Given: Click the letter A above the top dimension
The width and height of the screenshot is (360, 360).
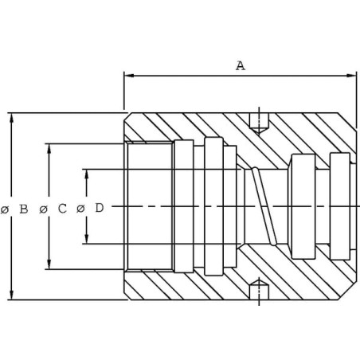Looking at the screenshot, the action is pyautogui.click(x=241, y=65).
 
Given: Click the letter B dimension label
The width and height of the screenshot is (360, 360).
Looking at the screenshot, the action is pyautogui.click(x=24, y=209).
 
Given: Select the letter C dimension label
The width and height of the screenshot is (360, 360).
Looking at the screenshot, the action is pyautogui.click(x=62, y=209).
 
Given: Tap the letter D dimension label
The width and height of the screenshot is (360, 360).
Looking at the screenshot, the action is pyautogui.click(x=100, y=208).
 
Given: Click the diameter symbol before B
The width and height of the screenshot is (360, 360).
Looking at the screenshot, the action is pyautogui.click(x=5, y=209).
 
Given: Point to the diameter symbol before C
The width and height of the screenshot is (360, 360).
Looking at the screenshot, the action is pyautogui.click(x=43, y=209).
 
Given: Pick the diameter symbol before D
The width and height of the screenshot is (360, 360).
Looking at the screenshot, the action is pyautogui.click(x=80, y=209).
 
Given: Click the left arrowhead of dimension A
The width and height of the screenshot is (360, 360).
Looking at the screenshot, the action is pyautogui.click(x=129, y=76).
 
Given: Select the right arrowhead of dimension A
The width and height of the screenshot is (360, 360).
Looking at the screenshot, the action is pyautogui.click(x=351, y=76).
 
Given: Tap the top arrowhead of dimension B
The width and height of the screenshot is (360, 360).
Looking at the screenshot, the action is pyautogui.click(x=11, y=118).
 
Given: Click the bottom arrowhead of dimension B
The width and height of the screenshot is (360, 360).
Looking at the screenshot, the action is pyautogui.click(x=11, y=295).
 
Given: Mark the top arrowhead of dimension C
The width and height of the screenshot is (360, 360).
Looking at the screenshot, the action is pyautogui.click(x=49, y=149).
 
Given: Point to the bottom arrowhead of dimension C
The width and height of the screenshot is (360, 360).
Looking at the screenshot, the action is pyautogui.click(x=49, y=264).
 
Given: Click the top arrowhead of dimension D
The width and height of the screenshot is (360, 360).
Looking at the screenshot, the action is pyautogui.click(x=87, y=174).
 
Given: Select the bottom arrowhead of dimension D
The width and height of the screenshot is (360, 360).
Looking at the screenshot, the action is pyautogui.click(x=87, y=238).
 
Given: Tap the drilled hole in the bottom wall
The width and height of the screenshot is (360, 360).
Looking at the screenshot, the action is pyautogui.click(x=259, y=289).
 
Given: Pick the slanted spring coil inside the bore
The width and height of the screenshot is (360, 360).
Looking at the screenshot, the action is pyautogui.click(x=264, y=205).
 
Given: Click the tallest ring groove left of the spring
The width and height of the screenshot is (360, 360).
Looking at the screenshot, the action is pyautogui.click(x=213, y=206).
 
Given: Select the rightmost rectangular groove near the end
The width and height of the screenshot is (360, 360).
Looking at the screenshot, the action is pyautogui.click(x=340, y=206).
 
